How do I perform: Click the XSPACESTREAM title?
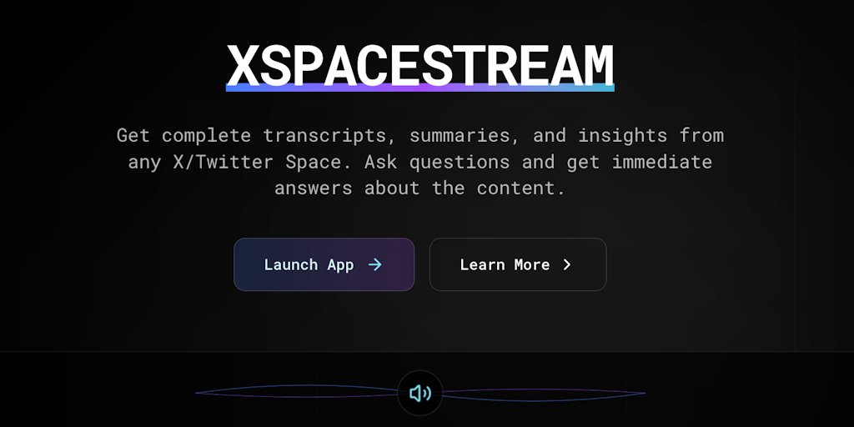pos(420,65)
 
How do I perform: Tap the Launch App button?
pos(324,264)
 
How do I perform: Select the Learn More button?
pos(518,264)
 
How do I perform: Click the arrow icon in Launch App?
pos(374,264)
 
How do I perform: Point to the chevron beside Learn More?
pos(567,264)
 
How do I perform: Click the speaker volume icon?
pos(420,394)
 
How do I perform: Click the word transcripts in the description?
pos(329,136)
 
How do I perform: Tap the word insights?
pos(622,136)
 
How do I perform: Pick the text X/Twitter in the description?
pos(223,162)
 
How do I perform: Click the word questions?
pos(460,163)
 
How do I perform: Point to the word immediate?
pos(661,162)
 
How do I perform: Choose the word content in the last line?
pos(521,188)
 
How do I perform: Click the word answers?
pos(314,188)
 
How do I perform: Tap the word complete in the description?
pos(206,136)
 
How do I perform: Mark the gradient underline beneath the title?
pos(420,88)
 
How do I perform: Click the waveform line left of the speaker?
pos(297,391)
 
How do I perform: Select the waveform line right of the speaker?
pos(544,394)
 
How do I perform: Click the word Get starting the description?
pos(133,136)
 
